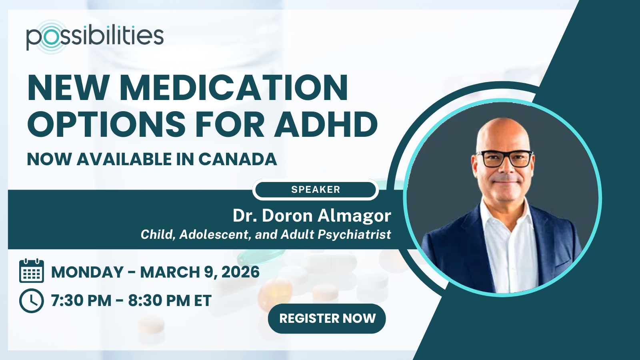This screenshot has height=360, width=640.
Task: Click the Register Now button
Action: coord(327,318)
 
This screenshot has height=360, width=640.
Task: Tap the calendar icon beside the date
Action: coord(32,270)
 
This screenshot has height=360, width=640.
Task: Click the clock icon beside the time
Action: coord(32,300)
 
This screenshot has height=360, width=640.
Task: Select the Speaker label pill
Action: coord(316,190)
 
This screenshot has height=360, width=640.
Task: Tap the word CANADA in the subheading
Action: coord(238,159)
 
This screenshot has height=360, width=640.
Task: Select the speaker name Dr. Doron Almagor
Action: coord(312,216)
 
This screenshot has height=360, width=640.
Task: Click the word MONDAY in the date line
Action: coord(87,272)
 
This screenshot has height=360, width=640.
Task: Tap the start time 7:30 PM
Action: coord(81,300)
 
